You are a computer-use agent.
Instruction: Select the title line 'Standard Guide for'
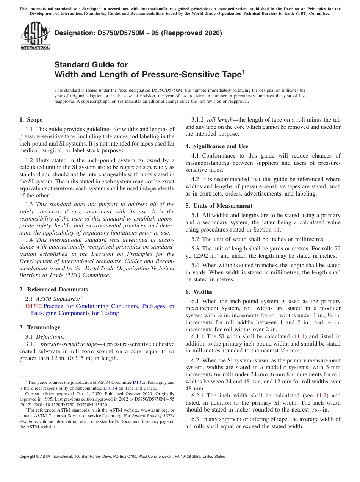(x=91, y=64)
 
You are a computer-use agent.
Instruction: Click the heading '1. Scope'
(x=31, y=120)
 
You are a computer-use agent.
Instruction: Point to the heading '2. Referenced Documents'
(x=53, y=290)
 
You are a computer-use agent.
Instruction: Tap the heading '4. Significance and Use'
(x=217, y=146)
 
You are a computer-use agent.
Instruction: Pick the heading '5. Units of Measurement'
(x=219, y=206)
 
